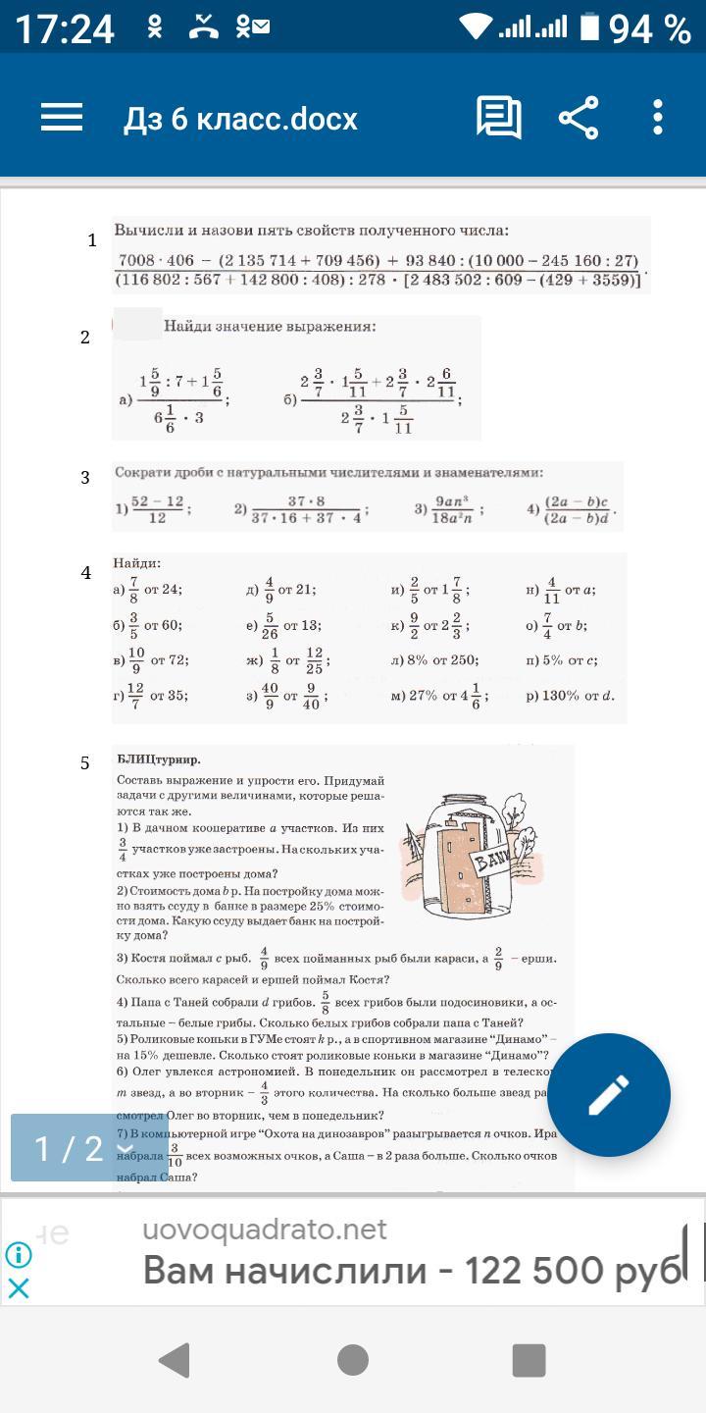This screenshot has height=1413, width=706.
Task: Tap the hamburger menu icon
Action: click(61, 118)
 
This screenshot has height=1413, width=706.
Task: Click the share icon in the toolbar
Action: click(579, 118)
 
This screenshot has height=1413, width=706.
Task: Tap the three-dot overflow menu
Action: click(657, 118)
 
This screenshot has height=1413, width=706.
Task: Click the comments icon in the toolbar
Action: click(499, 118)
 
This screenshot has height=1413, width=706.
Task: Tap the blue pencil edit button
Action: click(608, 1095)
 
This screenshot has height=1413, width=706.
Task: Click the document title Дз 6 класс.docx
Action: click(240, 119)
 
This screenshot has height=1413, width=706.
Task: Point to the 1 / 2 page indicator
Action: click(69, 1148)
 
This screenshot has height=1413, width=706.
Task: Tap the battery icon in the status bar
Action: click(588, 28)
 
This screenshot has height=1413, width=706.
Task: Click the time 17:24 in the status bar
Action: click(65, 28)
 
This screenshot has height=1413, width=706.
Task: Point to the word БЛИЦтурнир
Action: click(158, 759)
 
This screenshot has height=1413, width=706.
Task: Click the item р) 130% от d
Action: click(570, 696)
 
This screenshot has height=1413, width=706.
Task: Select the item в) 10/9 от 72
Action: click(151, 660)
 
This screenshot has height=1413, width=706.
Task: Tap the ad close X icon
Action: click(19, 1287)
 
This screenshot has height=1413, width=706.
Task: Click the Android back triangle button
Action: click(175, 1360)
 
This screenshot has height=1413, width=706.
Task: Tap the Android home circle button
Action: click(353, 1360)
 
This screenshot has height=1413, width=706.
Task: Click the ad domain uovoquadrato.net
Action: click(265, 1230)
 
